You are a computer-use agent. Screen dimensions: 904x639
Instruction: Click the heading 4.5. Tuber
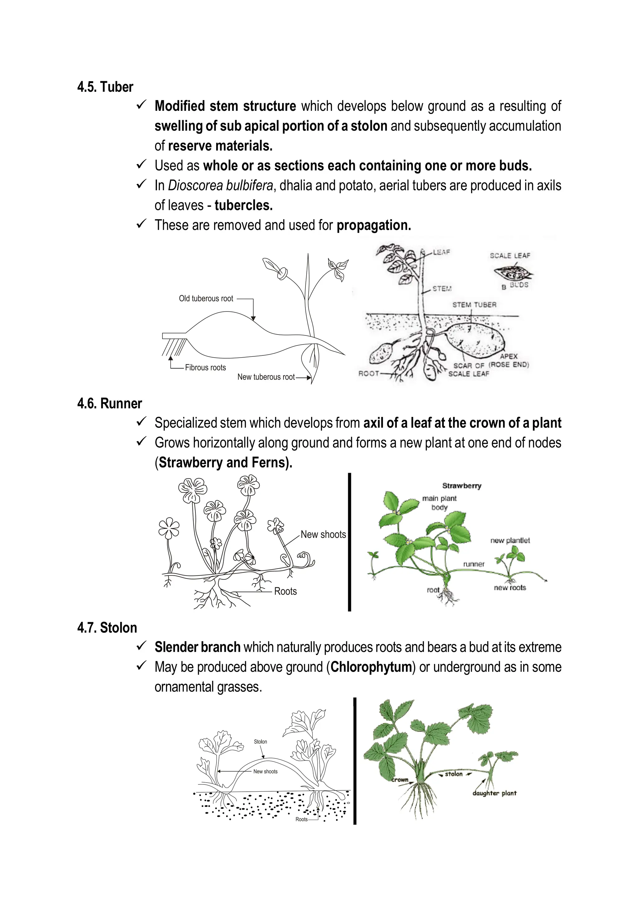(105, 87)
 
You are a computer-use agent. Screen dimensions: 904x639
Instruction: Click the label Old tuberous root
(206, 298)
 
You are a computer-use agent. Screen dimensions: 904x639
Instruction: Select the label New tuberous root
(266, 377)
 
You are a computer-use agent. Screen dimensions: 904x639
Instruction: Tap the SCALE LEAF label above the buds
(510, 256)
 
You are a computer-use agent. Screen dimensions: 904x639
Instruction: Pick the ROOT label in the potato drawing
(368, 373)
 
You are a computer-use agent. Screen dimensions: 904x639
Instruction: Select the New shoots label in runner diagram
(323, 535)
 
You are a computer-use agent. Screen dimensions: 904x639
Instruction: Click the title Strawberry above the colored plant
(461, 486)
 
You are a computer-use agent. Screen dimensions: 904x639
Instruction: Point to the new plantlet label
(510, 540)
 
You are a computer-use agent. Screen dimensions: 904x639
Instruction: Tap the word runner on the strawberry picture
(474, 564)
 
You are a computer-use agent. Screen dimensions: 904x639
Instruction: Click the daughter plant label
(494, 793)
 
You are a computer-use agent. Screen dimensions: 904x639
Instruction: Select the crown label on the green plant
(400, 779)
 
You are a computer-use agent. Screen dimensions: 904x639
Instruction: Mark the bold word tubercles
(243, 205)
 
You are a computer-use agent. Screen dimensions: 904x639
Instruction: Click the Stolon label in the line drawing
(260, 742)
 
